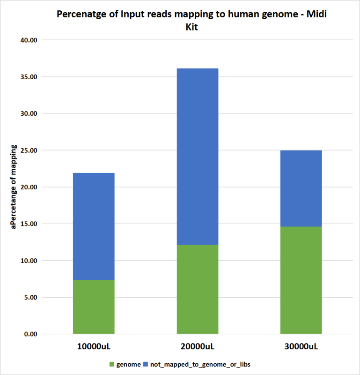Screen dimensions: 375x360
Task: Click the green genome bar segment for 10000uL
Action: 94,307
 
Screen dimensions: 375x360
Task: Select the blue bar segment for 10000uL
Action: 94,226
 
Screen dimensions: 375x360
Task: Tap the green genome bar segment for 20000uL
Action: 197,289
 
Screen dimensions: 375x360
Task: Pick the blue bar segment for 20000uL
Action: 197,157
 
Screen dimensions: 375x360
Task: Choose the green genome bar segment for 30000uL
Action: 301,280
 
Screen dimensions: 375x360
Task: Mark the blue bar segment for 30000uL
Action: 301,188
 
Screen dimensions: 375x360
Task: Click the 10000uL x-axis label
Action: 94,347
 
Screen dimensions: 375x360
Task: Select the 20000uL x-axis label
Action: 197,347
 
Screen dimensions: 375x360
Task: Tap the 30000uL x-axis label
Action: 301,347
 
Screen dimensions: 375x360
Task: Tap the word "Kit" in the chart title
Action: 192,27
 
